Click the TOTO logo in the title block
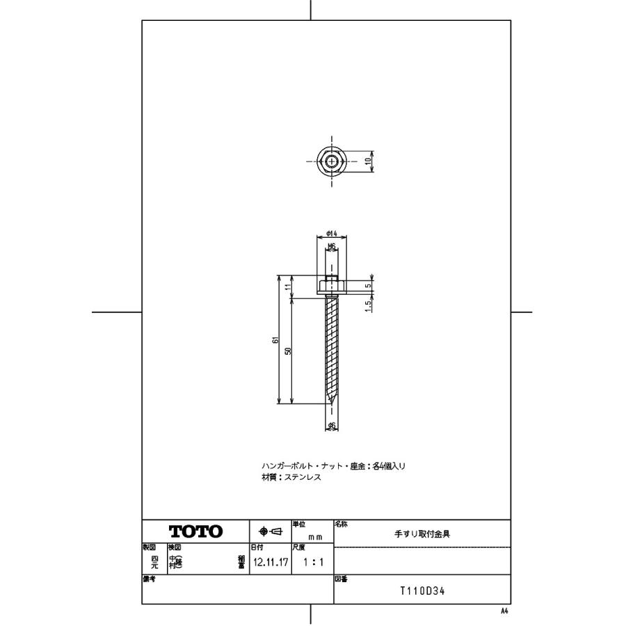195,532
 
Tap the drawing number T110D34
422,591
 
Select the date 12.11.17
270,561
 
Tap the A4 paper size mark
504,610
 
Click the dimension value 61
275,340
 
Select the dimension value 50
288,351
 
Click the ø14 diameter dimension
332,234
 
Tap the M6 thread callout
332,246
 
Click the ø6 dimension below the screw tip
332,425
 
